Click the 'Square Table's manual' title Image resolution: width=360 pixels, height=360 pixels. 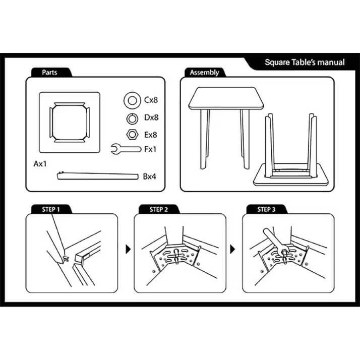(305, 63)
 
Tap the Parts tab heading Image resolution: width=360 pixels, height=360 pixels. (49, 73)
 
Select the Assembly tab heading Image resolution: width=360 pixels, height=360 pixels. (204, 73)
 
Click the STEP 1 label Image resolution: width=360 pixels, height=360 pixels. (51, 209)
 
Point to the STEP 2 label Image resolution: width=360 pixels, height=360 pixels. (159, 209)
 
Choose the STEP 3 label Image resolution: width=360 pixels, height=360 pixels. (266, 209)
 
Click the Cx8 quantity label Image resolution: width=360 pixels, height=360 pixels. (151, 100)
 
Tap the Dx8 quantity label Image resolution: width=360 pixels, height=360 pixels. (151, 117)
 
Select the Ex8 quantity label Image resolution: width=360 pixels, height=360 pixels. (151, 135)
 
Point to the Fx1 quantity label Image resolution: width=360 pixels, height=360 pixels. (150, 149)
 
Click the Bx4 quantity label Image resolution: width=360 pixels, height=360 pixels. (149, 176)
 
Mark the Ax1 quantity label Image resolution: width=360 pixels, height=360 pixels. (40, 164)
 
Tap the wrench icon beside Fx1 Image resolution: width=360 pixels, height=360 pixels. (126, 149)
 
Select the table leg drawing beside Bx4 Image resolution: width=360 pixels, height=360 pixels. (98, 176)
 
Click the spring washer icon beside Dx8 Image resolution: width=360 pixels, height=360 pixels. (132, 114)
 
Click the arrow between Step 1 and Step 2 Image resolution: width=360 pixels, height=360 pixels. (128, 250)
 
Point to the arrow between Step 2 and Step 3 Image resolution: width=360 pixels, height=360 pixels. (232, 250)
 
